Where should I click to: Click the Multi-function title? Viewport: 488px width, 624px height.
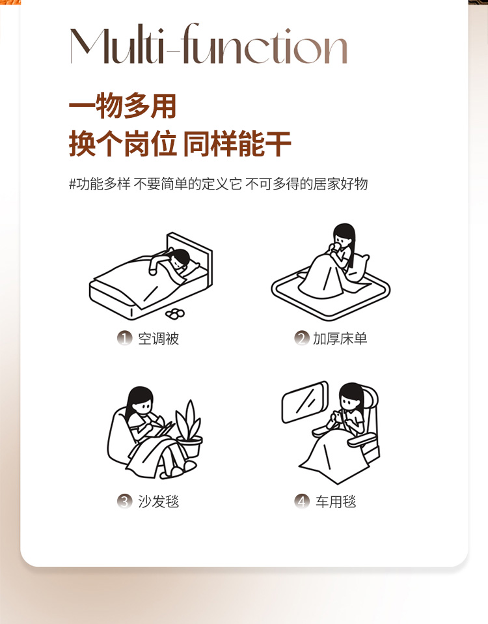tap(209, 44)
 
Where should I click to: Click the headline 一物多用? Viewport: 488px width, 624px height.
tap(122, 106)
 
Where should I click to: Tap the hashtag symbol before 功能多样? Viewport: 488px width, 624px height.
tap(72, 184)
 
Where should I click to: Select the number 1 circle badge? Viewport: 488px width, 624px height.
tap(124, 338)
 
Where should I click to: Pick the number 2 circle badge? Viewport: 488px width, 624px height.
tap(302, 338)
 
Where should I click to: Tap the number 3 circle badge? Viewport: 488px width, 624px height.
tap(124, 502)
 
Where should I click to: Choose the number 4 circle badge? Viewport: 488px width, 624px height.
tap(302, 502)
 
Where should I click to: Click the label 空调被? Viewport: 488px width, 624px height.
tap(159, 339)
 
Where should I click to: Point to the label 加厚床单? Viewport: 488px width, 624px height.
tap(340, 339)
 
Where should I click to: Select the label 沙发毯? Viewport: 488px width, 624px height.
tap(159, 502)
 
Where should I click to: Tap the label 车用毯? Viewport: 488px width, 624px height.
tap(336, 502)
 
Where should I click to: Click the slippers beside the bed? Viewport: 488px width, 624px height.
tap(175, 313)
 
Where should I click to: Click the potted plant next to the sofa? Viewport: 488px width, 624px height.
tap(189, 429)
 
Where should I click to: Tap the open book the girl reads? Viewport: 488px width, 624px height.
tap(164, 430)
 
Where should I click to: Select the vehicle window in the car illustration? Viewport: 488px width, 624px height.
tap(305, 401)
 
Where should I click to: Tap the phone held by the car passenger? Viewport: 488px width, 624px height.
tap(337, 416)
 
